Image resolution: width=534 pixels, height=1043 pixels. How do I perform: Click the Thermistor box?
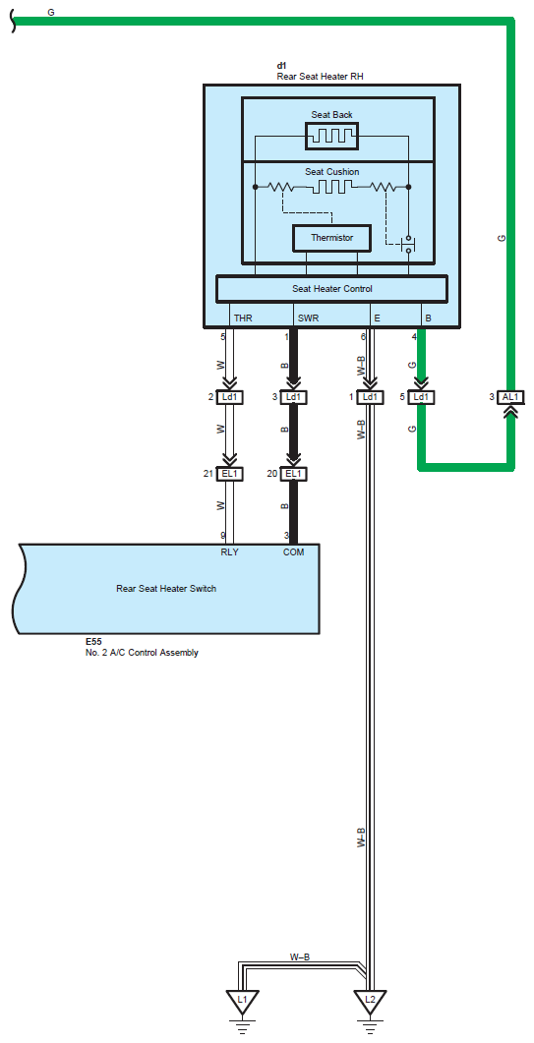331,238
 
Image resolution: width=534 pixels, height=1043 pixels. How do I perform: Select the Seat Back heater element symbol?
331,136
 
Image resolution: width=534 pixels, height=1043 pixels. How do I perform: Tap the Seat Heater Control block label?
332,289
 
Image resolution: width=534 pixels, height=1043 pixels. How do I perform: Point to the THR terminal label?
243,319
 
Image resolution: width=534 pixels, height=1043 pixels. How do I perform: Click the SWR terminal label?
308,319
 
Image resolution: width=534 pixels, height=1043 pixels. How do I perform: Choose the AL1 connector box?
512,397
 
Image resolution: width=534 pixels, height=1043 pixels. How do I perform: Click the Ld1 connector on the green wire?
420,397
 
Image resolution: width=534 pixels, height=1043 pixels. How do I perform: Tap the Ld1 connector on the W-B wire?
370,397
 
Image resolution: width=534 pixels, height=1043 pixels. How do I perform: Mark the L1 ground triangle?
242,1001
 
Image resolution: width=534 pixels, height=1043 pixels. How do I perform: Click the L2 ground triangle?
370,1001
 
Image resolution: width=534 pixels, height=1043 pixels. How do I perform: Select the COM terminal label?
294,552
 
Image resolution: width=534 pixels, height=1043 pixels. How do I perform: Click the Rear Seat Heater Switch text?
166,589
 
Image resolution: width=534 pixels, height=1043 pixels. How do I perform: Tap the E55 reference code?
93,642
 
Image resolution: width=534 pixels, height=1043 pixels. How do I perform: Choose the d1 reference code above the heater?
281,66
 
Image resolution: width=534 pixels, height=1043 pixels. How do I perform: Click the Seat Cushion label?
332,172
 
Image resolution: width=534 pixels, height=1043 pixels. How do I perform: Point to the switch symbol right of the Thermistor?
408,244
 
